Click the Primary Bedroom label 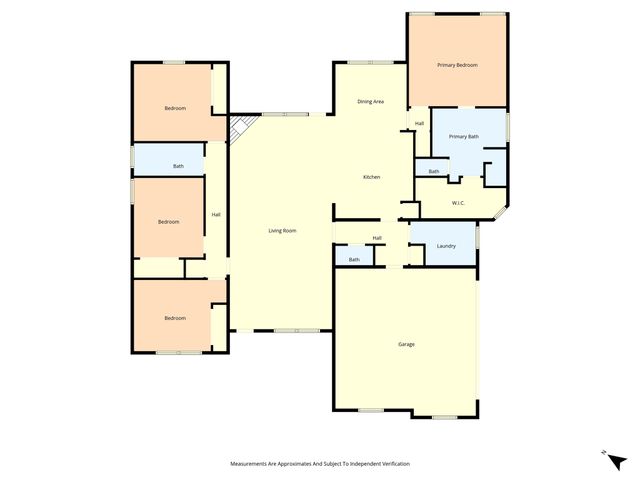pos(457,65)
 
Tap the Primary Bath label pos(464,136)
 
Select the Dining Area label pos(371,101)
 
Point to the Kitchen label pos(371,177)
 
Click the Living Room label pos(282,231)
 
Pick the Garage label pos(406,344)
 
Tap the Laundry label pos(446,246)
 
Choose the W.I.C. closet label pos(458,203)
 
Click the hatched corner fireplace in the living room pos(239,129)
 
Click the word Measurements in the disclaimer pos(253,464)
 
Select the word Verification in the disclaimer pos(391,464)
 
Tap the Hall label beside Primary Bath pos(419,123)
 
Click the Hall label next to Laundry pos(377,237)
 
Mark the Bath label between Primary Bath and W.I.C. pos(433,172)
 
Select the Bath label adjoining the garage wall pos(354,260)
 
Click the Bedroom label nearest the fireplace pos(175,108)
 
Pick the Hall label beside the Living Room pos(215,215)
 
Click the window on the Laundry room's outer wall pos(478,238)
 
